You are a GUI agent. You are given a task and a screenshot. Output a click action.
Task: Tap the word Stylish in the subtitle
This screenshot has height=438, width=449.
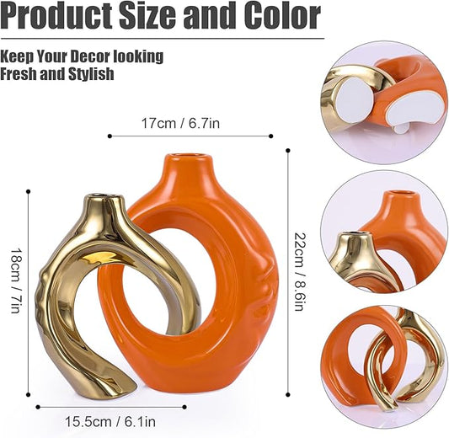coord(91,74)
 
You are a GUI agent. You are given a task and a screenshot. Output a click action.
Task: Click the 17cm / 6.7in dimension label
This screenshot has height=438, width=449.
coord(180,123)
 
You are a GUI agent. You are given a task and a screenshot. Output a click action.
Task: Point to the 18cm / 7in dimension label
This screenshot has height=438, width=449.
coord(15,280)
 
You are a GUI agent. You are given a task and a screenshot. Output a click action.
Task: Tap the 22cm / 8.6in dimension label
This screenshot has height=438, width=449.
coord(300,272)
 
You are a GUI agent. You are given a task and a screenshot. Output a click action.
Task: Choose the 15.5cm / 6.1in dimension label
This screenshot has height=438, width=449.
coord(110,422)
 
